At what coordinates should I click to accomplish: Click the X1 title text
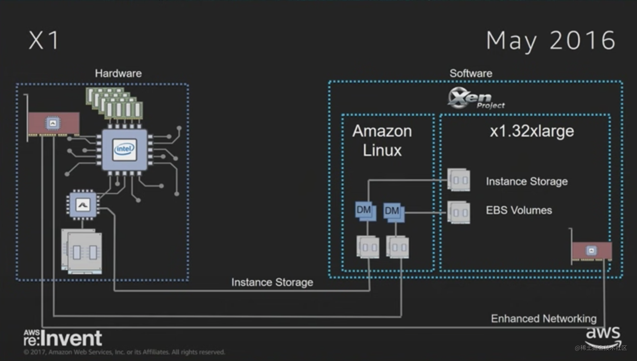point(44,40)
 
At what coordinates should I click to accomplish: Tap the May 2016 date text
point(551,41)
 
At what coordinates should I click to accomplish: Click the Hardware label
point(118,74)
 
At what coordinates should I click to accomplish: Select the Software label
point(471,74)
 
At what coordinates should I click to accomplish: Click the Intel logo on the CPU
point(124,149)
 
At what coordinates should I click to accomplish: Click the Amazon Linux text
point(382,141)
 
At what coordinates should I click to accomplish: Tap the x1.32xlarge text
point(532,131)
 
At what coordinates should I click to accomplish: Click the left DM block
point(365,211)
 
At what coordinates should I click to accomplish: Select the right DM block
point(393,212)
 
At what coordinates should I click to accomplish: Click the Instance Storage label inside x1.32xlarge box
point(527,181)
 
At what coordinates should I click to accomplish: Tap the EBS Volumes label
point(519,210)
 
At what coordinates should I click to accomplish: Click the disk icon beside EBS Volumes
point(459,212)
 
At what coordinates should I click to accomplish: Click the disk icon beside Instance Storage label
point(459,180)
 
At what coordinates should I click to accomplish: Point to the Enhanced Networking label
point(544,319)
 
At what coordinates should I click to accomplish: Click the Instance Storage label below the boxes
point(272,282)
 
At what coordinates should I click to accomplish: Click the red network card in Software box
point(592,251)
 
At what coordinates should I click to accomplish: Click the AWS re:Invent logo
point(63,338)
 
